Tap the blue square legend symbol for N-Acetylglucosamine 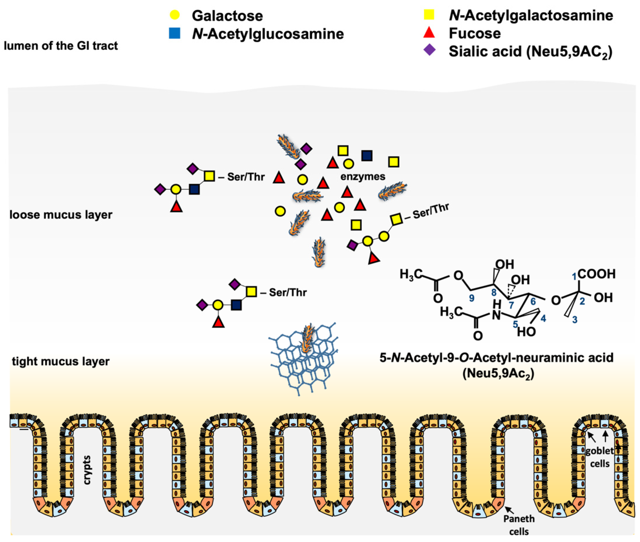174,33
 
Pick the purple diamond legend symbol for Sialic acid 429,50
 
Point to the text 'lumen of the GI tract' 61,46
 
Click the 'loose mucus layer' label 61,214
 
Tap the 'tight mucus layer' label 61,361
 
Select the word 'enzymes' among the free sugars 362,177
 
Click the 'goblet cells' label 599,457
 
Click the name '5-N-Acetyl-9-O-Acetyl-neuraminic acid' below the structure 496,358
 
